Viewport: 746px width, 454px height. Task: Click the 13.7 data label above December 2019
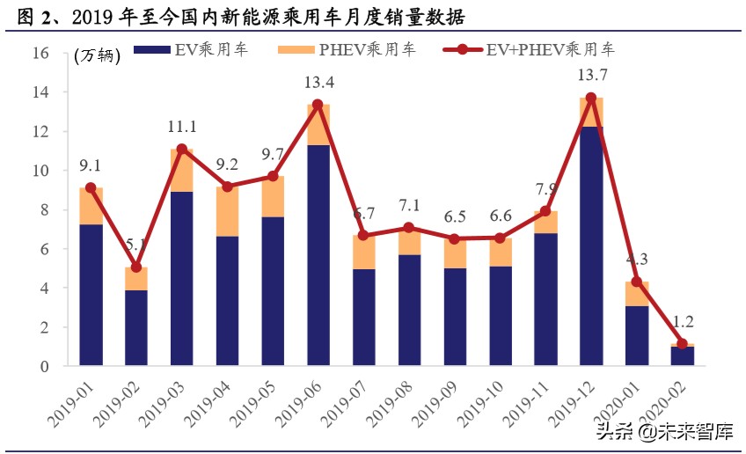click(x=591, y=76)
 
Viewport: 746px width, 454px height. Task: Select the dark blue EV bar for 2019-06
click(x=318, y=255)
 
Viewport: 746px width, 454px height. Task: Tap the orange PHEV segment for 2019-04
click(x=227, y=211)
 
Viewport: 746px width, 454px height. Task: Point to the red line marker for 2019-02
click(x=136, y=267)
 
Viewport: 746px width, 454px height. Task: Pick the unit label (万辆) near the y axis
click(x=96, y=55)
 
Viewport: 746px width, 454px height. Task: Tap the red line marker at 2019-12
click(x=591, y=99)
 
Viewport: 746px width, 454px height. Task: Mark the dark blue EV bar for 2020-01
click(x=636, y=335)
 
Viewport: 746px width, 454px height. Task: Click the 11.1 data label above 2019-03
click(x=181, y=127)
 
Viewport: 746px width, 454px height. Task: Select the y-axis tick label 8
click(x=42, y=209)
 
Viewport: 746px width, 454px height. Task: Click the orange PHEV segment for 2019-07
click(x=363, y=252)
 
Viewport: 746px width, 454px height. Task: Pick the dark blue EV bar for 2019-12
click(x=591, y=246)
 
